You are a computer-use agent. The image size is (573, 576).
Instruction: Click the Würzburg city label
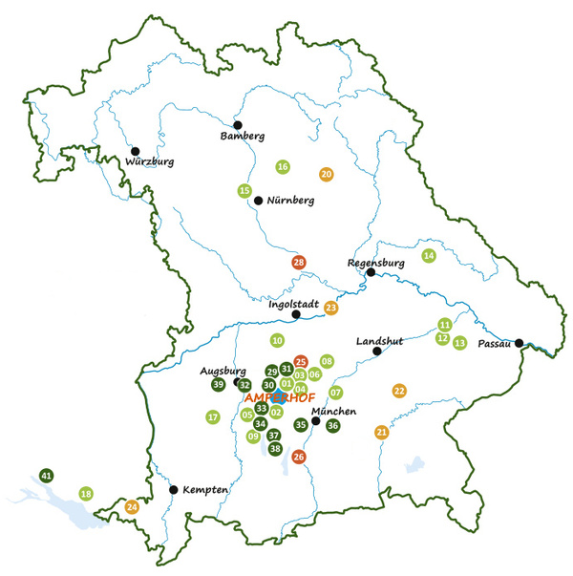pyautogui.click(x=148, y=162)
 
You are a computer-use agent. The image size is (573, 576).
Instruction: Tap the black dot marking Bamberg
pyautogui.click(x=238, y=125)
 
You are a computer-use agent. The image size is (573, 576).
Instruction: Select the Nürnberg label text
pyautogui.click(x=290, y=202)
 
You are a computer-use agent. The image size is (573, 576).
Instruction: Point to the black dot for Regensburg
pyautogui.click(x=371, y=272)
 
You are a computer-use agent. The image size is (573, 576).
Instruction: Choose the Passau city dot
pyautogui.click(x=519, y=343)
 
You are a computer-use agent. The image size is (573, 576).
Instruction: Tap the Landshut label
pyautogui.click(x=379, y=341)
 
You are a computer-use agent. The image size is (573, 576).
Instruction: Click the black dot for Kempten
pyautogui.click(x=173, y=489)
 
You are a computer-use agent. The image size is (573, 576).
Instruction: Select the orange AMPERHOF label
pyautogui.click(x=280, y=398)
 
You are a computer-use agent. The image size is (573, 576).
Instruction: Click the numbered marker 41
pyautogui.click(x=47, y=475)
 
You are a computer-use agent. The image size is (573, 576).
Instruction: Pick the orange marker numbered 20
pyautogui.click(x=326, y=174)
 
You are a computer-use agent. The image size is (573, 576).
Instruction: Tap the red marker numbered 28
pyautogui.click(x=299, y=263)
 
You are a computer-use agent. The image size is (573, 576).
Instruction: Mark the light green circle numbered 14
pyautogui.click(x=429, y=255)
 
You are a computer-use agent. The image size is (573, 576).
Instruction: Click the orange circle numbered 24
pyautogui.click(x=132, y=506)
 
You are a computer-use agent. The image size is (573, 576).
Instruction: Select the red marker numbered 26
pyautogui.click(x=299, y=457)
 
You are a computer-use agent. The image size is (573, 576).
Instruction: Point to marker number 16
pyautogui.click(x=283, y=167)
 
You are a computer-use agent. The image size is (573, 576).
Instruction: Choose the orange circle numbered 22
pyautogui.click(x=399, y=390)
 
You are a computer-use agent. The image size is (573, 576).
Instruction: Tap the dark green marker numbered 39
pyautogui.click(x=218, y=384)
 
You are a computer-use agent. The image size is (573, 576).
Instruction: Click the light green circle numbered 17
pyautogui.click(x=213, y=416)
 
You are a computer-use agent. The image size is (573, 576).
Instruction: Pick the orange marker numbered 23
pyautogui.click(x=331, y=308)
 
